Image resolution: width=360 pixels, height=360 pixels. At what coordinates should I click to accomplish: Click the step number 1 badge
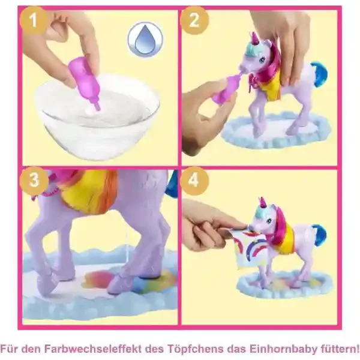34,20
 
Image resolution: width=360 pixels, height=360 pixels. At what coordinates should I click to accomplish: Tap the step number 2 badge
194,20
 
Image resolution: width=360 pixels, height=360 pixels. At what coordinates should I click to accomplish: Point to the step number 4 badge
194,181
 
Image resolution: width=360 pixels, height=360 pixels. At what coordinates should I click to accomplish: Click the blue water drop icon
145,40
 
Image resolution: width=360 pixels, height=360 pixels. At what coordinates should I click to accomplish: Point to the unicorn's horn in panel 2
254,38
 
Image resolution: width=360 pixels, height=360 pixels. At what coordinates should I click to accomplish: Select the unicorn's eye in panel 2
262,61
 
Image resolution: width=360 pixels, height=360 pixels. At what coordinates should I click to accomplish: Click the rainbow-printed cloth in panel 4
247,248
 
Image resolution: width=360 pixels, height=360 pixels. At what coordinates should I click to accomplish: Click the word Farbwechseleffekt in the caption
92,349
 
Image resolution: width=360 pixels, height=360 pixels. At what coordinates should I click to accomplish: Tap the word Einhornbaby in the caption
284,349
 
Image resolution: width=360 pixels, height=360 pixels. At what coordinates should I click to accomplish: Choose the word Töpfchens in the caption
195,349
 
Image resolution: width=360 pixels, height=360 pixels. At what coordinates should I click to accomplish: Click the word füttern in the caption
337,349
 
